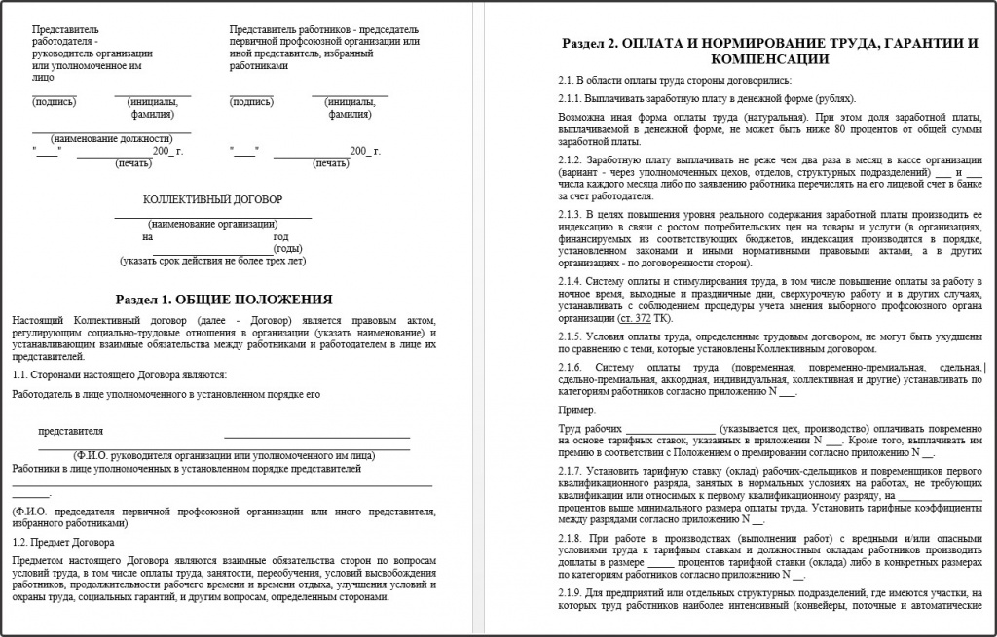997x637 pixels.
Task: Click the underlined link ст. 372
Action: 636,318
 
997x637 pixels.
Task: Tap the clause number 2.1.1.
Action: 572,98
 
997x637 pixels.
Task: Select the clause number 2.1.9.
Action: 572,592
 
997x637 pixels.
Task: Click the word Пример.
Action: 574,411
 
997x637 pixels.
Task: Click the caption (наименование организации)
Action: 213,224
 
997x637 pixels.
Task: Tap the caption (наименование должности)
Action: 111,138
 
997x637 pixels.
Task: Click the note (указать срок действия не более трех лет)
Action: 213,261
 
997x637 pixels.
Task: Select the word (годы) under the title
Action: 289,248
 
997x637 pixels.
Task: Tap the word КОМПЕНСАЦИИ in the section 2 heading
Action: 769,59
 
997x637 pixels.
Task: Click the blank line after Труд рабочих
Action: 669,429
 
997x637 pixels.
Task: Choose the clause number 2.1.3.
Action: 572,214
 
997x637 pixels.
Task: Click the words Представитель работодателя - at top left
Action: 65,36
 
